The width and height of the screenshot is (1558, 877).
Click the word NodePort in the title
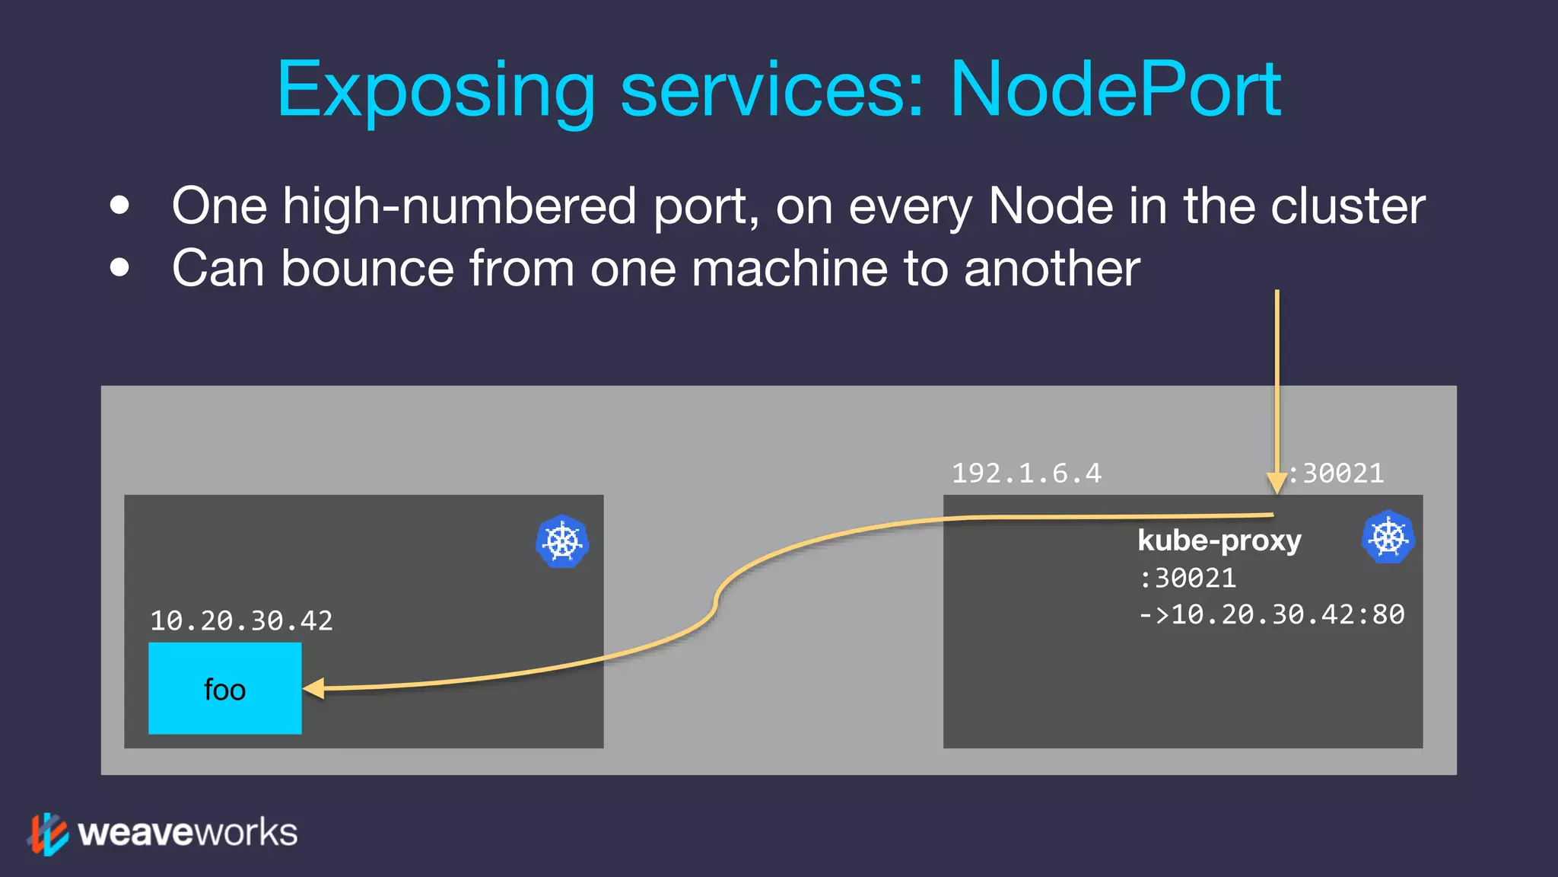[x=1115, y=90]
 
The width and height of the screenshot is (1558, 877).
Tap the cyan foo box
[x=224, y=688]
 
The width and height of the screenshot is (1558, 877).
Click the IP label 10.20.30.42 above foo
[x=241, y=620]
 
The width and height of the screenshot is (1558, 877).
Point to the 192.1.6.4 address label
[x=1026, y=474]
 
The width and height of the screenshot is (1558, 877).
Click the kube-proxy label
[x=1219, y=541]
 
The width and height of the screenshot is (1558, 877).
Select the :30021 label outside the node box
[x=1336, y=474]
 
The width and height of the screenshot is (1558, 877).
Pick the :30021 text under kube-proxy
[x=1187, y=578]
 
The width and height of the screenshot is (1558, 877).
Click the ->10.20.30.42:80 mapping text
[x=1271, y=614]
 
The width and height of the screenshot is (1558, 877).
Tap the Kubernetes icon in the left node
[x=562, y=541]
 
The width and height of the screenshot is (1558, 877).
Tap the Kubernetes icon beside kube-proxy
[x=1388, y=537]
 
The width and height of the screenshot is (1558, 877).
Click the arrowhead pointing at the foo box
[x=314, y=688]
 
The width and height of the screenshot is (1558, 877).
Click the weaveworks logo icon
[x=48, y=834]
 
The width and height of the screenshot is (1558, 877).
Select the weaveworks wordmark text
[x=187, y=833]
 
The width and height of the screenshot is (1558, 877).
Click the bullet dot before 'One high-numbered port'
[x=119, y=206]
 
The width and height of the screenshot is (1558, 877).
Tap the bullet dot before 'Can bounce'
[x=119, y=267]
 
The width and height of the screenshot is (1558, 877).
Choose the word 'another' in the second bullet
[x=1051, y=269]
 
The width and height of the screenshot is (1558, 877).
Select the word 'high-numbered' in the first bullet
[x=459, y=206]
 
